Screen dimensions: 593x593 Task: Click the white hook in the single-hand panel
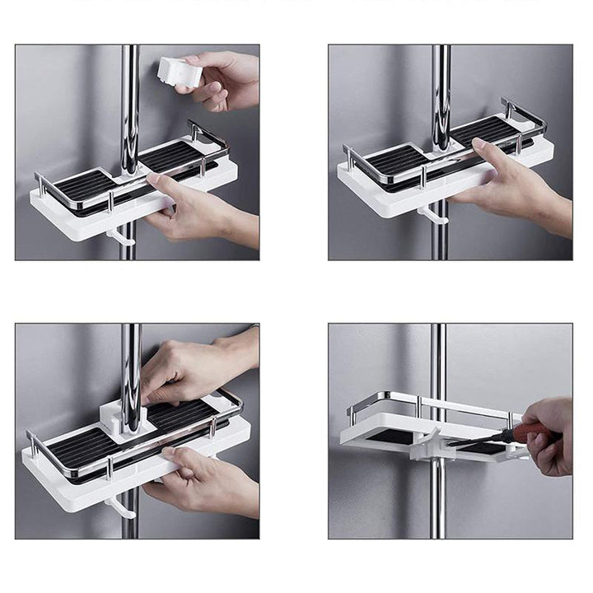point(432,217)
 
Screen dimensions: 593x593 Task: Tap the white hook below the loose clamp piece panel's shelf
point(120,238)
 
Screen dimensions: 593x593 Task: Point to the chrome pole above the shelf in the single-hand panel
point(441,91)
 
